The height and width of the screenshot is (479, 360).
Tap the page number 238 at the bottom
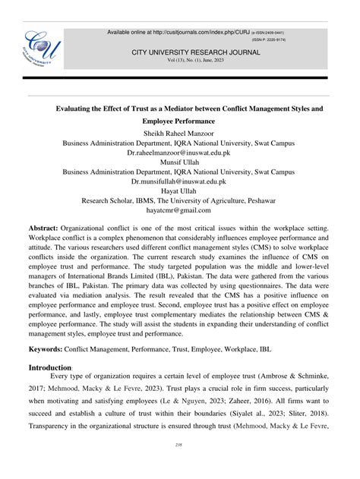[x=179, y=465]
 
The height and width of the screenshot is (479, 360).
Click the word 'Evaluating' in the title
[x=77, y=109]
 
